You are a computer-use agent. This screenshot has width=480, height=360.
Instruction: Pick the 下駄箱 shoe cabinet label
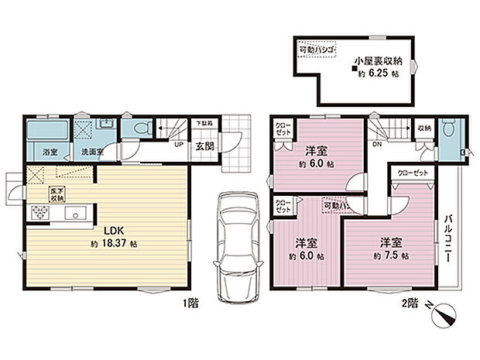tap(204, 122)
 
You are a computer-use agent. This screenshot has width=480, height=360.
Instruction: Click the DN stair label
tap(379, 145)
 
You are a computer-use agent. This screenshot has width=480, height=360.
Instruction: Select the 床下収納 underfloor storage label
tap(57, 193)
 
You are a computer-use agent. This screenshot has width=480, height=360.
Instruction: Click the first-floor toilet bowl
tap(140, 129)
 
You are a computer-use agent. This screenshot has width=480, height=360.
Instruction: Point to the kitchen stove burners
tap(38, 212)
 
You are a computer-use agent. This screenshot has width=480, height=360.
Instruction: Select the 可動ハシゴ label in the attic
tap(317, 50)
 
